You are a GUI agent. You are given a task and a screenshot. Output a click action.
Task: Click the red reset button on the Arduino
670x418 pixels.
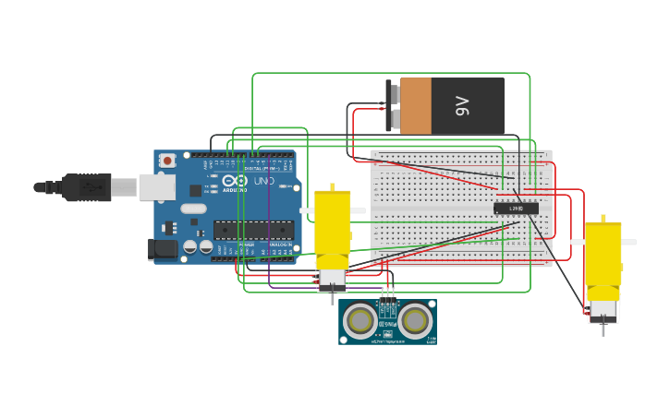click(166, 161)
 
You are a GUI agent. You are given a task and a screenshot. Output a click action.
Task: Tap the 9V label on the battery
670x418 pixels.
click(463, 106)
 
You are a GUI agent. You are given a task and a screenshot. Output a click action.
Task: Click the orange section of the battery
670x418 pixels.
click(416, 105)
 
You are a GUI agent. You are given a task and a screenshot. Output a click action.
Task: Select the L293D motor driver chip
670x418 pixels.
click(516, 209)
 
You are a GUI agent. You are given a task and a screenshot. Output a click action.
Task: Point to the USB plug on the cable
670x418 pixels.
click(87, 187)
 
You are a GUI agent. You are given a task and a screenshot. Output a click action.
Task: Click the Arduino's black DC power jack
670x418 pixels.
click(163, 248)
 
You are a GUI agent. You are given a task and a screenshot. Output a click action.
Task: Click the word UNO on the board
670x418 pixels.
click(263, 181)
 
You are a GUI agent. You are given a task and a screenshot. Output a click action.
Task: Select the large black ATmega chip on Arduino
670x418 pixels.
click(253, 230)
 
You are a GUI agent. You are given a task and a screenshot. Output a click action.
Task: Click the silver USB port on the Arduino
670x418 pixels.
click(156, 187)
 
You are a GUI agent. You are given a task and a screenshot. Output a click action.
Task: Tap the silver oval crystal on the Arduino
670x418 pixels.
click(193, 209)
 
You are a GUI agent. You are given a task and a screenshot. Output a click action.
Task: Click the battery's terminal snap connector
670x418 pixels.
click(393, 105)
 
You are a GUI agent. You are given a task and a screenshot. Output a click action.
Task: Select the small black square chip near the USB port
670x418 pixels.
click(195, 190)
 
